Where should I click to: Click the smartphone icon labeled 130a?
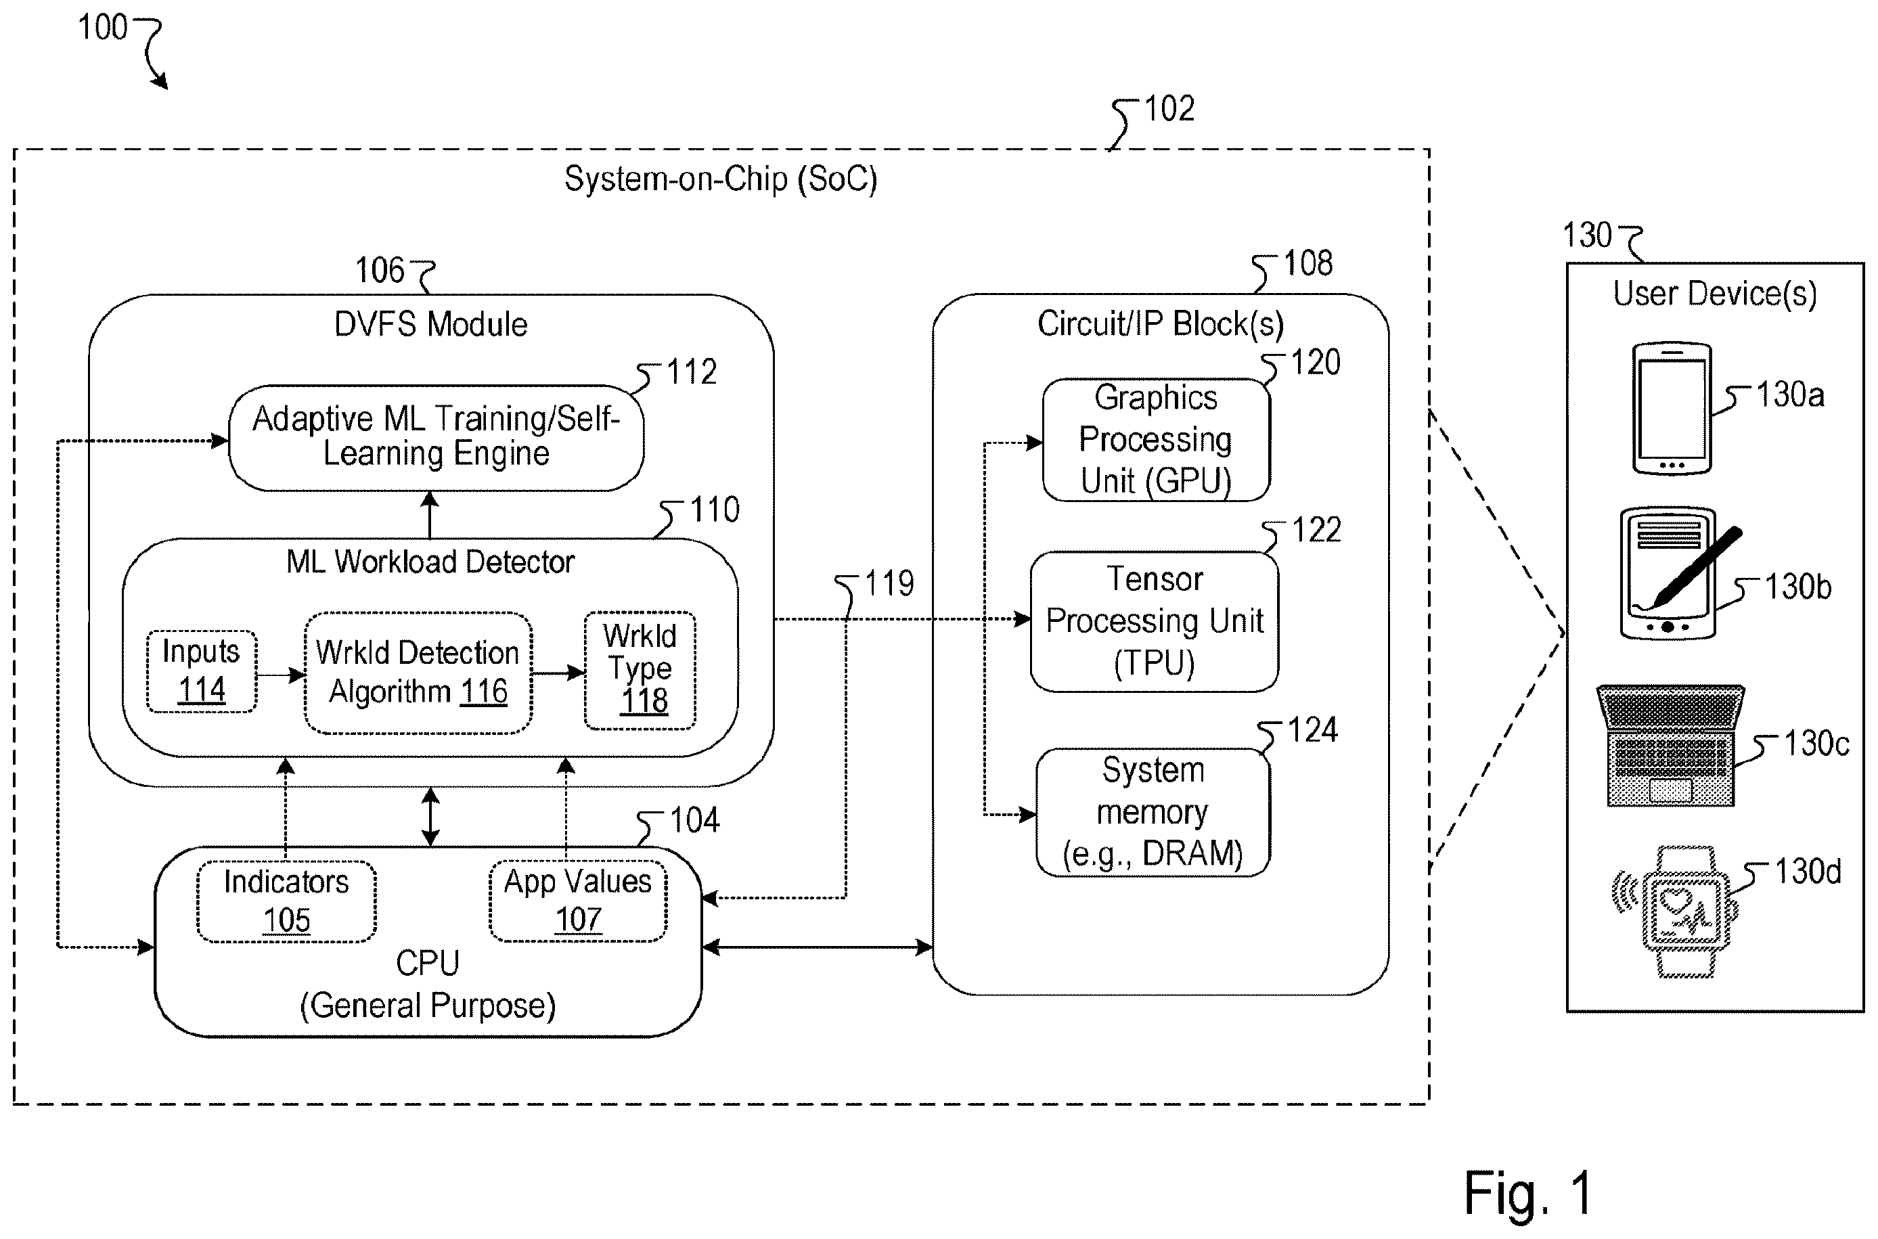[x=1672, y=409]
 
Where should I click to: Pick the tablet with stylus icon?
[x=1679, y=574]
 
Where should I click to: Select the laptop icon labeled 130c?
[x=1670, y=745]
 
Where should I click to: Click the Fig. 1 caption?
[x=1528, y=1193]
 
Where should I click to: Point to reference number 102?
[x=1169, y=109]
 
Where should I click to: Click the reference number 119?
[x=889, y=584]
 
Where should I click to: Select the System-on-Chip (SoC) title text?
[x=721, y=179]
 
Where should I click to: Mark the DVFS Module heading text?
[x=430, y=325]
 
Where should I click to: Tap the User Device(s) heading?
[x=1714, y=294]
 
